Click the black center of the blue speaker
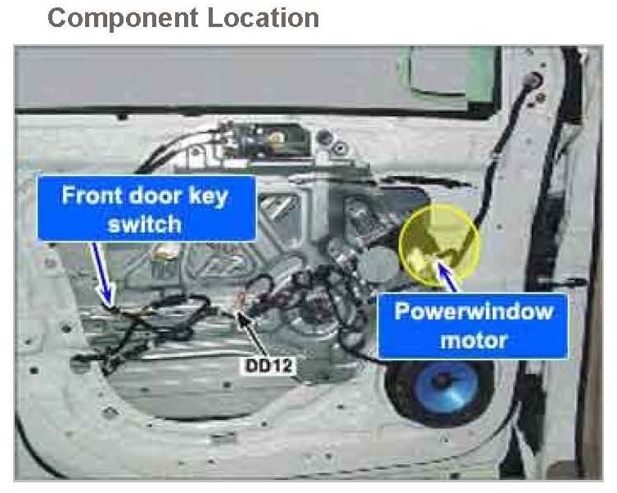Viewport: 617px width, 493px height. click(x=446, y=381)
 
